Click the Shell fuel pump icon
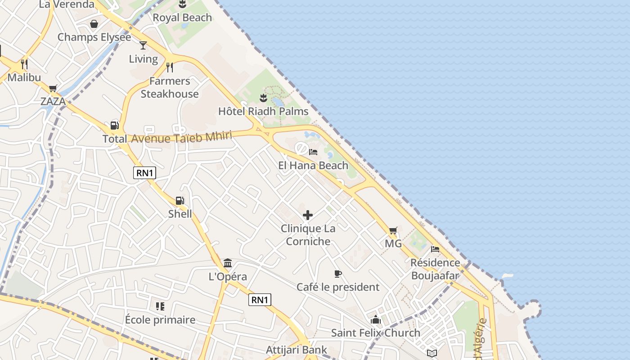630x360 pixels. point(180,201)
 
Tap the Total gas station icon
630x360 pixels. point(114,126)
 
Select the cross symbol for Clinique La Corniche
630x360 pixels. point(308,215)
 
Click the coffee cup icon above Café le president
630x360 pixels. point(338,274)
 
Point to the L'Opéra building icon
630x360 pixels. point(228,263)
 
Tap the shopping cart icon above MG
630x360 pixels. point(393,231)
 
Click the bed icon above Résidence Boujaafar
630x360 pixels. point(435,249)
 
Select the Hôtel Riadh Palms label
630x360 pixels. point(263,111)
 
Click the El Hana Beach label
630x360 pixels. point(313,165)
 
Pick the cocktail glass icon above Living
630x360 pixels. point(143,45)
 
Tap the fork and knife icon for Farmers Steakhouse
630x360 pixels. point(170,67)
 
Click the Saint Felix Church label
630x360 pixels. point(376,333)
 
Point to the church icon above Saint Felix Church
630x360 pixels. point(376,319)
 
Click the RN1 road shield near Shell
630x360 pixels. point(144,172)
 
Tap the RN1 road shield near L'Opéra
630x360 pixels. point(260,300)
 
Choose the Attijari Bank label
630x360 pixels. point(297,350)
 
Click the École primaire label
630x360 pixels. point(160,320)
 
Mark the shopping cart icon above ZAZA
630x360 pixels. point(53,89)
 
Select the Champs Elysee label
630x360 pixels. point(94,37)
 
